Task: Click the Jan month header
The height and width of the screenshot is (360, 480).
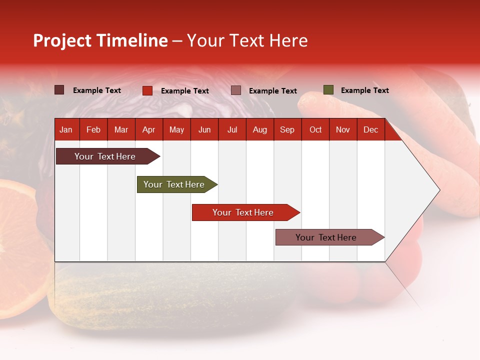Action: click(x=66, y=129)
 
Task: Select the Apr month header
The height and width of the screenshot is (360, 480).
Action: click(x=148, y=129)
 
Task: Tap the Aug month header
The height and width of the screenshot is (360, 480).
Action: click(x=259, y=129)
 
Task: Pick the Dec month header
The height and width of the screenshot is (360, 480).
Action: click(x=370, y=129)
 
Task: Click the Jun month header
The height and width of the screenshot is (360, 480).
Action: click(x=204, y=129)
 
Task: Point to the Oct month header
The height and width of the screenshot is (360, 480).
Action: click(x=315, y=129)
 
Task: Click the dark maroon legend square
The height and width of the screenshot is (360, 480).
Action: click(x=59, y=90)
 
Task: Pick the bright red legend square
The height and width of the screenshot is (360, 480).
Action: click(x=147, y=90)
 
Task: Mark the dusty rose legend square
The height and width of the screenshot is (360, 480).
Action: click(x=236, y=90)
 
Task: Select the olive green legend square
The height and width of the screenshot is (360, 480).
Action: click(x=328, y=90)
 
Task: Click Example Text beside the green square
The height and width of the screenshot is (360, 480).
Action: click(x=364, y=90)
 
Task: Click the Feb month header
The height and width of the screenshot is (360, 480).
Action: click(x=93, y=129)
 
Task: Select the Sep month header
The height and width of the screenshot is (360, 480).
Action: click(x=287, y=129)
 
